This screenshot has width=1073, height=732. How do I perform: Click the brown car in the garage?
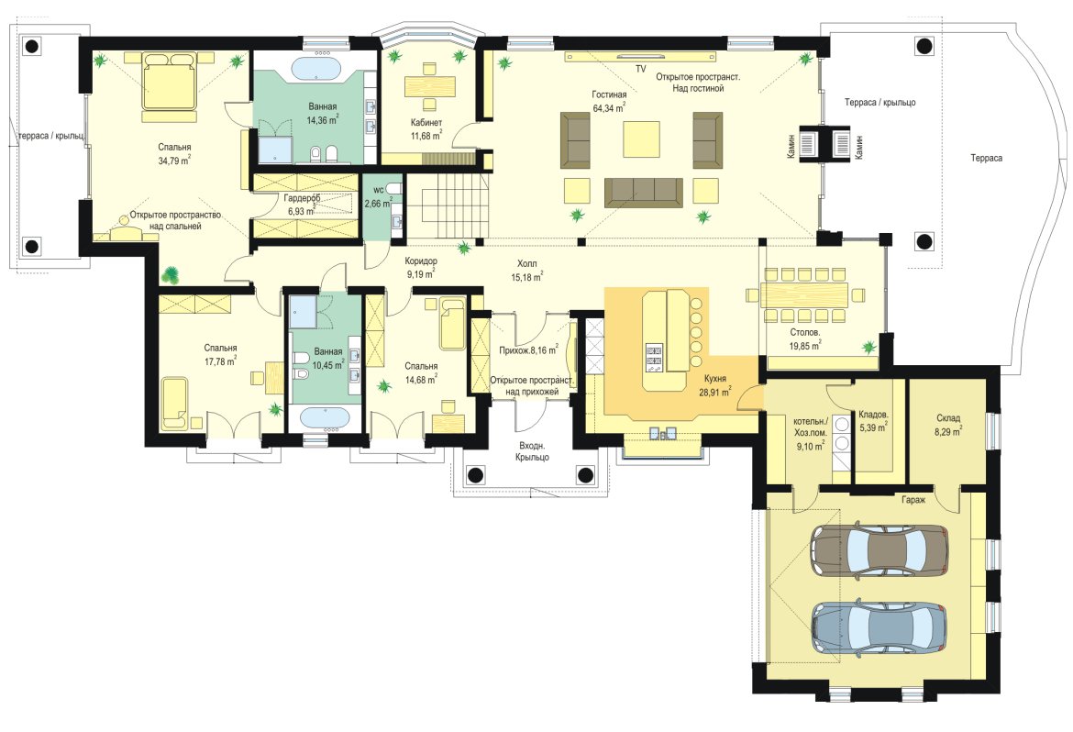point(879,549)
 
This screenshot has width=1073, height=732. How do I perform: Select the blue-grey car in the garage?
point(879,627)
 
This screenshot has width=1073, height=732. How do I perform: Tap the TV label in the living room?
point(640,69)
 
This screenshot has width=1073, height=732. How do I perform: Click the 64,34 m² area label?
point(608,107)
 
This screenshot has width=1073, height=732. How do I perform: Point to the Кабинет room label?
point(426,123)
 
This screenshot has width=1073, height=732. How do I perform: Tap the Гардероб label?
point(302,198)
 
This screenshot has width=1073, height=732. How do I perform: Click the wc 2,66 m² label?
point(378,196)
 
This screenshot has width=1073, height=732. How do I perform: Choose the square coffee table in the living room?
point(641,139)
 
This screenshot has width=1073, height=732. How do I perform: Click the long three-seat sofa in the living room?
point(643,193)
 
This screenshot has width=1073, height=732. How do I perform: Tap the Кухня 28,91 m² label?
point(715,385)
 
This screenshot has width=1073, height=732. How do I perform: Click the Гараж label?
point(913,500)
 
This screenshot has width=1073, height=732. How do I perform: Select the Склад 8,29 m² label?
point(948,425)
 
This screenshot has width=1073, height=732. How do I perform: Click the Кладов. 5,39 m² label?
point(874,421)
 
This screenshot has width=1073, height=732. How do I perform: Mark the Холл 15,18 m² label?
point(527,270)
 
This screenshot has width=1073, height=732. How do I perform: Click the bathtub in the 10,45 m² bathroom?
point(325,417)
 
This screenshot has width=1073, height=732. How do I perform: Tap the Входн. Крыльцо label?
point(533,451)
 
